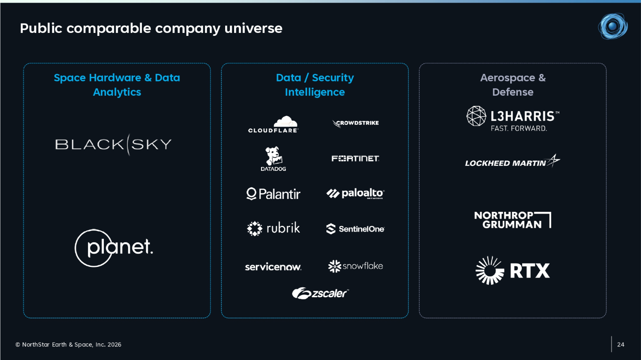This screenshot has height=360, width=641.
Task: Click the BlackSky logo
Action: [113, 144]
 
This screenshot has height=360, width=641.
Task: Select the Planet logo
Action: [114, 248]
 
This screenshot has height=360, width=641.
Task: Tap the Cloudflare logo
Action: [273, 124]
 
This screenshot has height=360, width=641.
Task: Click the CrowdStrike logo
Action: [356, 123]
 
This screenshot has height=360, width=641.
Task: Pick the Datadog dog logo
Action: [273, 159]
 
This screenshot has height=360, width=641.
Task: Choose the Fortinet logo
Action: [356, 158]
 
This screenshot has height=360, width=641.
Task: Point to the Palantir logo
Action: [273, 194]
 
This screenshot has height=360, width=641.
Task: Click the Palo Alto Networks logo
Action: [356, 193]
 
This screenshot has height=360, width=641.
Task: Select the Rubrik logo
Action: [273, 228]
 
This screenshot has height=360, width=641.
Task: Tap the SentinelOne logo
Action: [356, 229]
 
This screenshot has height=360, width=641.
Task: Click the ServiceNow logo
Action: [273, 267]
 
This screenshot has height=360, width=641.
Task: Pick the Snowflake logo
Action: [356, 266]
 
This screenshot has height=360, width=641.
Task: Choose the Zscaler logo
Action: [320, 293]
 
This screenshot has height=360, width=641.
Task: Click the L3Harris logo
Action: [513, 119]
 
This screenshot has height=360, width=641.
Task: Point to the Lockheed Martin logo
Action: [512, 161]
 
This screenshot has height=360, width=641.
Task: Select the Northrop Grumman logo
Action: [512, 220]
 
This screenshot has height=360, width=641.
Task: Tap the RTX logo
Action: [512, 270]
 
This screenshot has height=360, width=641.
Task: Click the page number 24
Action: [620, 345]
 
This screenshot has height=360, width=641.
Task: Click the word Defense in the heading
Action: [513, 92]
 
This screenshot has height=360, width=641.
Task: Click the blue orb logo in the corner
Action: [613, 26]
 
